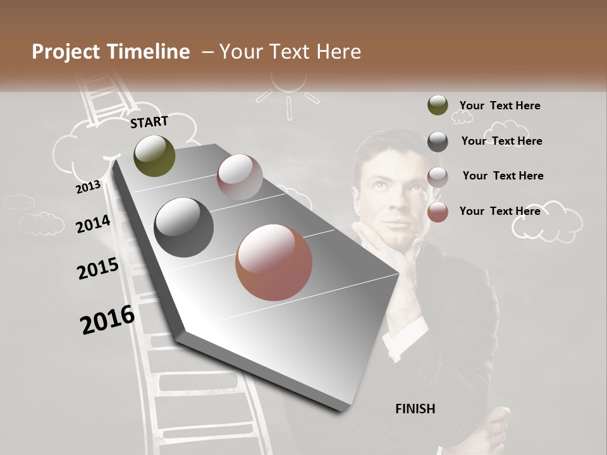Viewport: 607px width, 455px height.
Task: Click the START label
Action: [x=149, y=122]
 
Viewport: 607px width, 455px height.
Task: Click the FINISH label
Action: [x=415, y=409]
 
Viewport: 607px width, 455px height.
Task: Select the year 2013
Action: [x=88, y=186]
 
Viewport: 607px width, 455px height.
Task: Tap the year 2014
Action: [x=93, y=224]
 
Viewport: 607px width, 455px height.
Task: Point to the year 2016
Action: [x=107, y=320]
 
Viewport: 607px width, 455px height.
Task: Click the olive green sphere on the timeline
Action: [x=154, y=155]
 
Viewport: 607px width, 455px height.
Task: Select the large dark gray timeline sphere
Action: [x=184, y=227]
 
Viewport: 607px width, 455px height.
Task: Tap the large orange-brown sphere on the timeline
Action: [x=274, y=262]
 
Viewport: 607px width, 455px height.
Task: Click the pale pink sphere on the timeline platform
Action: [x=240, y=177]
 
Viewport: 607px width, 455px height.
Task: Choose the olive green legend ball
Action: [x=438, y=106]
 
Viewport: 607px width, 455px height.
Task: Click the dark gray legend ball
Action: [x=438, y=142]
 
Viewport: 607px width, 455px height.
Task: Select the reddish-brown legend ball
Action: [x=438, y=212]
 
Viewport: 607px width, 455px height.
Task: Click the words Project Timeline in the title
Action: [x=111, y=52]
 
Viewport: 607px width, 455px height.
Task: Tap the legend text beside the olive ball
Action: [x=500, y=106]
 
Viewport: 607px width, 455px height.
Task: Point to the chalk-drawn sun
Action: [x=288, y=85]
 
